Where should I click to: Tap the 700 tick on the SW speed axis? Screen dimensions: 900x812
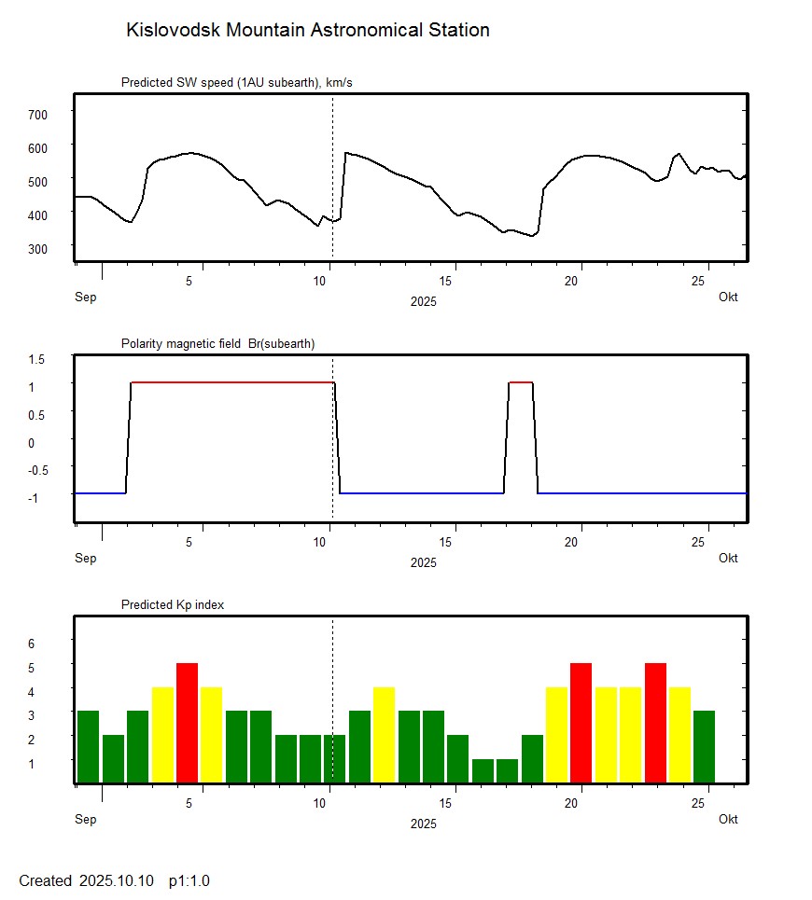point(38,114)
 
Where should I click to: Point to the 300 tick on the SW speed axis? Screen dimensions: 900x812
point(38,248)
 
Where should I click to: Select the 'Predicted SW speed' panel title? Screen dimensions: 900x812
point(236,83)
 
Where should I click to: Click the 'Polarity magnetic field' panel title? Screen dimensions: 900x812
point(217,344)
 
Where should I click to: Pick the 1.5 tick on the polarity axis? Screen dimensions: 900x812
point(38,359)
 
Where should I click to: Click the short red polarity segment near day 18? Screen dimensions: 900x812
point(521,382)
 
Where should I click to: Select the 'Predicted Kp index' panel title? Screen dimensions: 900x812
point(173,605)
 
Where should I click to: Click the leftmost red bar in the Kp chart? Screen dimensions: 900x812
point(187,723)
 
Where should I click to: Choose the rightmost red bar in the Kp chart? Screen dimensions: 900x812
point(655,723)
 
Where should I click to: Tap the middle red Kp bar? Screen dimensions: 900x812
point(581,723)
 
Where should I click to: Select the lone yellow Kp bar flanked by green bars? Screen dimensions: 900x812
point(384,735)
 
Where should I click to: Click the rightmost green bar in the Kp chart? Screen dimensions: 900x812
point(704,746)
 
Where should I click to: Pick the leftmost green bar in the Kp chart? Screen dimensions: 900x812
point(88,746)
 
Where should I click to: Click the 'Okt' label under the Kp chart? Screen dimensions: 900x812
point(728,820)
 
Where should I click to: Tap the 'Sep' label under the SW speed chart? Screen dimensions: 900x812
point(85,298)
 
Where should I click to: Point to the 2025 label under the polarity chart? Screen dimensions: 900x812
point(423,562)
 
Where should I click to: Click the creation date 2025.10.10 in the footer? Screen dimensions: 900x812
point(117,880)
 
